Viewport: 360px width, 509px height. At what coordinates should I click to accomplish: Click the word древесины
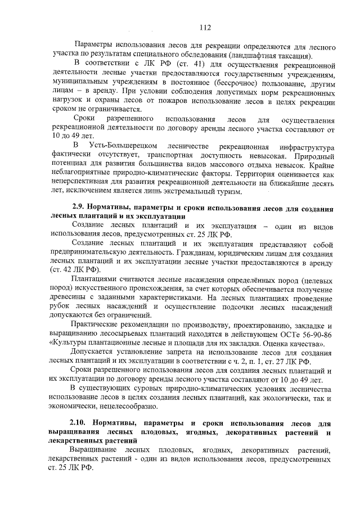point(70,298)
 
